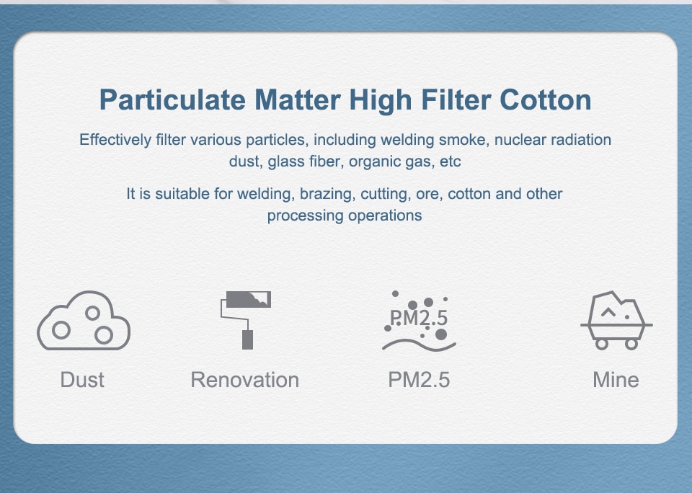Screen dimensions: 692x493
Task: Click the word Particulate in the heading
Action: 172,100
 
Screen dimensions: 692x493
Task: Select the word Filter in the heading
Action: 456,99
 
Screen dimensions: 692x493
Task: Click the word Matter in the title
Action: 298,99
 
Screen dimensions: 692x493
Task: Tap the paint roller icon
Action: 245,320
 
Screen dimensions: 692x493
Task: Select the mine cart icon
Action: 616,321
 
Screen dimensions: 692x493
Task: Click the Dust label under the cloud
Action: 82,380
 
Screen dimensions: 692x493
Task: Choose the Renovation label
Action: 245,380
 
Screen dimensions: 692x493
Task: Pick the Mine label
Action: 616,380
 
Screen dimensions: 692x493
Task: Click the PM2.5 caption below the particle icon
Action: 419,380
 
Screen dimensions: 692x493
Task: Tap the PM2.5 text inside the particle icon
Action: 419,318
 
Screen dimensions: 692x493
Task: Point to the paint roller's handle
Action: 247,340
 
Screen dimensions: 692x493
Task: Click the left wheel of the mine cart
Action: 601,344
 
